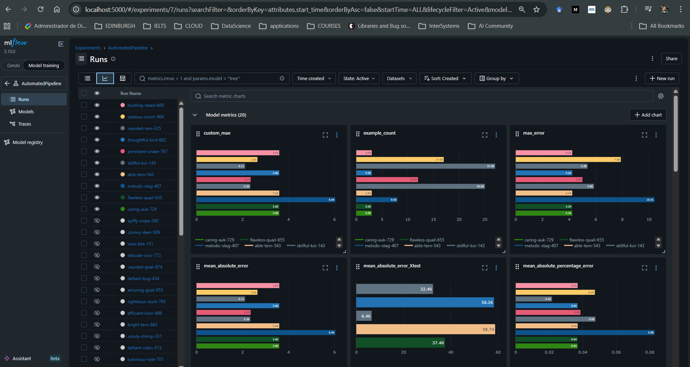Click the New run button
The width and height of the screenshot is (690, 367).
click(662, 78)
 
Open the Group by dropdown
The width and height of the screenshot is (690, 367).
click(496, 78)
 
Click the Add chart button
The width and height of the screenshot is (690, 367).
click(648, 115)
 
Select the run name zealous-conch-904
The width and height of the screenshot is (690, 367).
click(145, 117)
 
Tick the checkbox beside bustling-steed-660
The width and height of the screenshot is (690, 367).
click(84, 105)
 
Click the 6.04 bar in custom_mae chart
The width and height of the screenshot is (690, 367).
click(265, 200)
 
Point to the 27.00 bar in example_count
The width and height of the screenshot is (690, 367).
click(425, 166)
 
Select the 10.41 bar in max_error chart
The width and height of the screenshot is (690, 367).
click(585, 200)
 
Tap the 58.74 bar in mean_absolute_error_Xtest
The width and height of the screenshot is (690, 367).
click(425, 329)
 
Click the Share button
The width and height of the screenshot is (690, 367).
click(671, 58)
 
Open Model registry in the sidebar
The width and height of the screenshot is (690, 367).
click(27, 142)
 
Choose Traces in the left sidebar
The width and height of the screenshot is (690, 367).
click(25, 124)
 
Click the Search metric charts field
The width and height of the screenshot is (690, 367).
click(422, 96)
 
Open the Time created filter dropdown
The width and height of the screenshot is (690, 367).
click(314, 78)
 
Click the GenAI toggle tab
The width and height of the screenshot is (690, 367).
click(13, 65)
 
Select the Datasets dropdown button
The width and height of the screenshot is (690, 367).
click(399, 78)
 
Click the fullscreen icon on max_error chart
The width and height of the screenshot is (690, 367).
click(644, 135)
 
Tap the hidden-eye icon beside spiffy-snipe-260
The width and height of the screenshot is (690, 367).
click(97, 220)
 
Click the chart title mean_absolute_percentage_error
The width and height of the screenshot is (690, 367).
click(558, 266)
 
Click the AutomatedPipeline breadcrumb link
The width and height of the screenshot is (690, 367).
click(128, 48)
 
